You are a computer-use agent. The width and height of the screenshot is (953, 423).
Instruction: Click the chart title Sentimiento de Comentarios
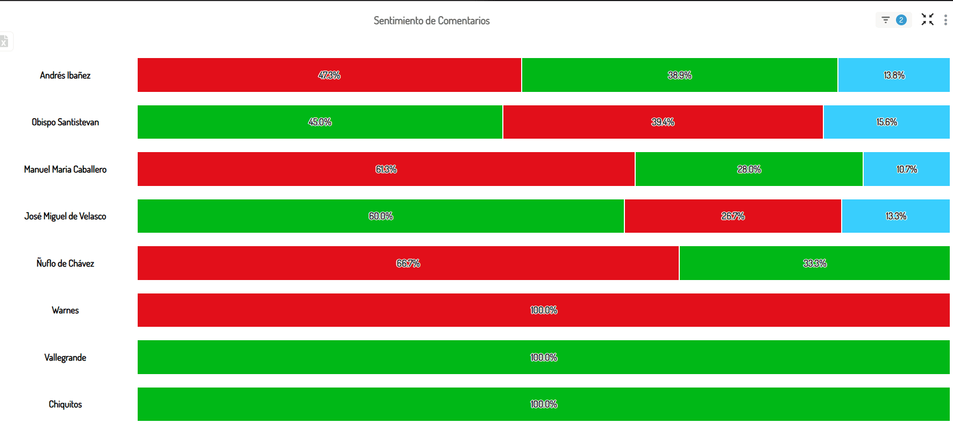click(x=431, y=20)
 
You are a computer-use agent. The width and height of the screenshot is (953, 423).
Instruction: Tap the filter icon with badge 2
click(x=893, y=20)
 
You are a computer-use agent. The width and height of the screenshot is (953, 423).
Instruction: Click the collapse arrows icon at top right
click(x=927, y=20)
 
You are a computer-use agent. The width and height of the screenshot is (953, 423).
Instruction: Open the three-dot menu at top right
click(x=945, y=20)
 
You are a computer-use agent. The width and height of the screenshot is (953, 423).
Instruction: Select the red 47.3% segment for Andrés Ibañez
click(x=329, y=75)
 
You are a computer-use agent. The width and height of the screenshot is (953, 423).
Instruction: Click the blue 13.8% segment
click(x=894, y=75)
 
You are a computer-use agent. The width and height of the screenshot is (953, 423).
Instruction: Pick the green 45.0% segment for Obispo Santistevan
click(x=320, y=122)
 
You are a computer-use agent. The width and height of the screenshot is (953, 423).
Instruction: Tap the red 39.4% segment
click(x=663, y=122)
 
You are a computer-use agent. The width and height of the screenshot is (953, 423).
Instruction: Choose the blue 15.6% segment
click(x=886, y=122)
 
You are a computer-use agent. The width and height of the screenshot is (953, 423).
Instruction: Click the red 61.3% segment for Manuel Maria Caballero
click(x=386, y=169)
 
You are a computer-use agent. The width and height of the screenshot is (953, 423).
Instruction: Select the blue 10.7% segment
click(x=906, y=169)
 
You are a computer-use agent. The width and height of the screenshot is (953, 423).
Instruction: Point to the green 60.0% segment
click(x=380, y=216)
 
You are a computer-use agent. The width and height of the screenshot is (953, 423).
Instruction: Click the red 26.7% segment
click(x=732, y=216)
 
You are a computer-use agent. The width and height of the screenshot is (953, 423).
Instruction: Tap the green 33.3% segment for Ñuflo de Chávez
click(x=814, y=263)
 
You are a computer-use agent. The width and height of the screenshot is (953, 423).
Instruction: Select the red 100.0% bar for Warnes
click(x=543, y=310)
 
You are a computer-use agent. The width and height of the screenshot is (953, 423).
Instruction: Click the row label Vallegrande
click(x=65, y=357)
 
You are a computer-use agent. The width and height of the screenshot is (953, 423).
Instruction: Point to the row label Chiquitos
click(x=65, y=404)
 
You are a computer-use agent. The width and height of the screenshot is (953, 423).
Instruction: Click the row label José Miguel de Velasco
click(x=65, y=216)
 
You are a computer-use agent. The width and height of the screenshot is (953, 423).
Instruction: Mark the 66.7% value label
click(x=408, y=263)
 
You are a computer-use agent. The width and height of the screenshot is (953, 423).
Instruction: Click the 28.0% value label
click(x=749, y=169)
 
